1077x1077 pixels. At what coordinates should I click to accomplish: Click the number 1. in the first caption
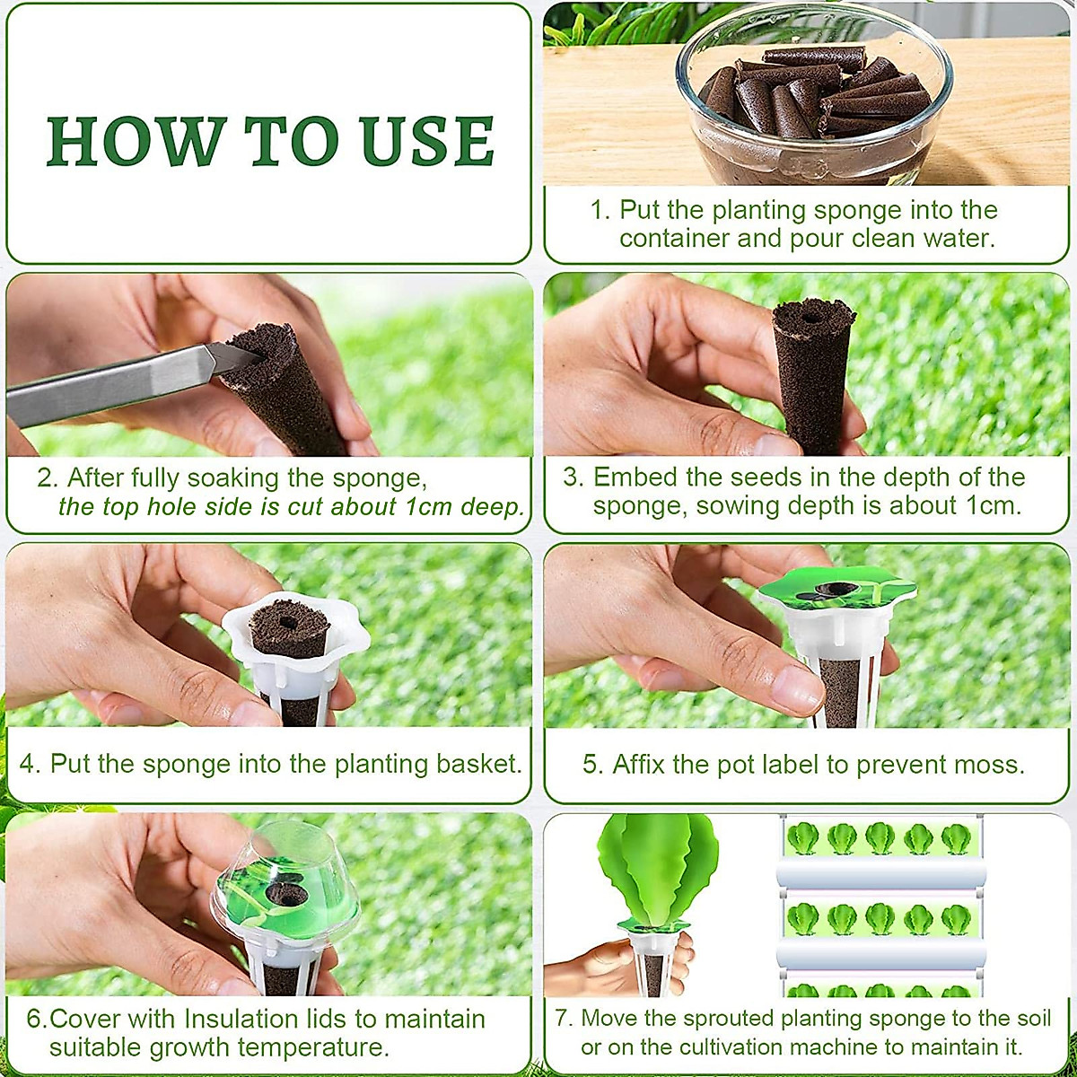[600, 210]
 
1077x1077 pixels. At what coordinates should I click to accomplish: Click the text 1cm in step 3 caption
[991, 505]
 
